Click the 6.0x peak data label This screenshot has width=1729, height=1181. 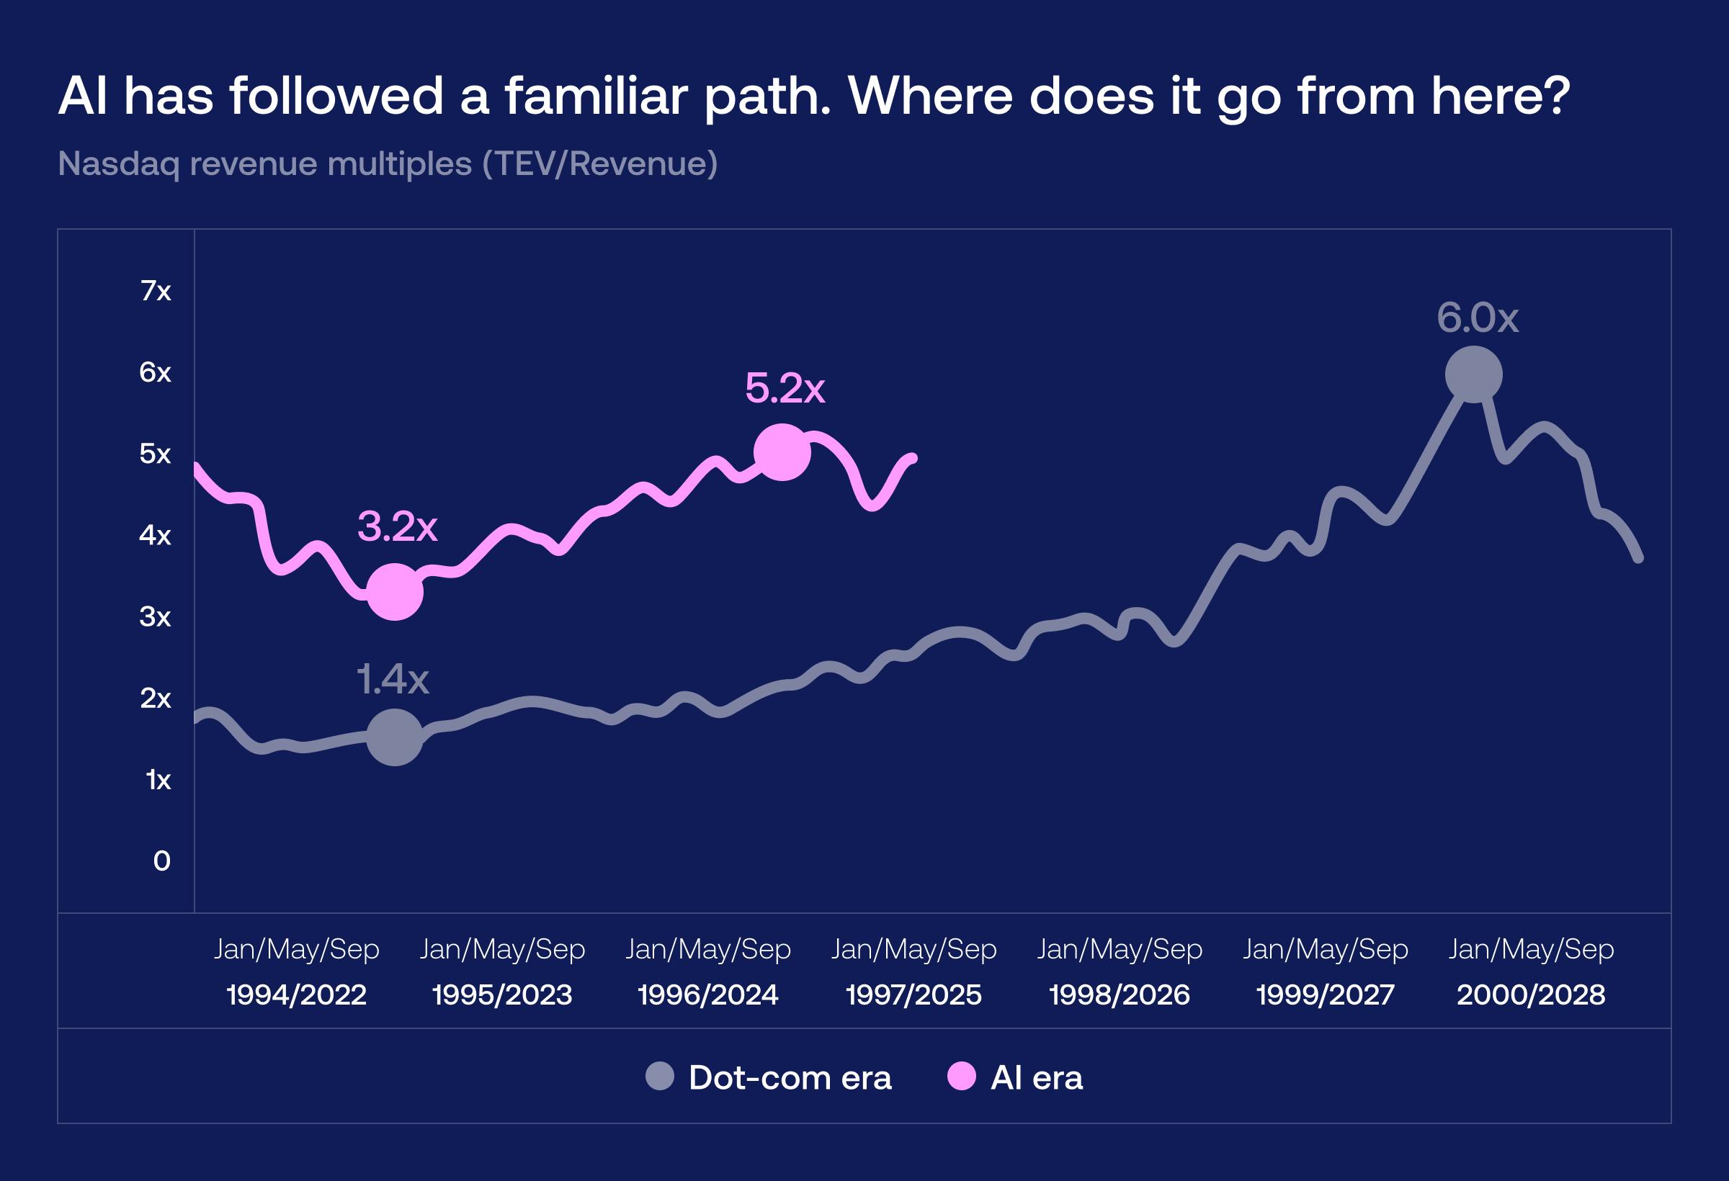click(1477, 318)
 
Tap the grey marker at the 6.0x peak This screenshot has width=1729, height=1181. click(1473, 374)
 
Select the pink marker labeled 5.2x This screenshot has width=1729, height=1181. click(782, 452)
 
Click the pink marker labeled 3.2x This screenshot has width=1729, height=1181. click(395, 592)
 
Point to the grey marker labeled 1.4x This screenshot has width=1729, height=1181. click(394, 737)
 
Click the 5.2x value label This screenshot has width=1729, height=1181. click(785, 388)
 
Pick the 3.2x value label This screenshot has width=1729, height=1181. click(397, 527)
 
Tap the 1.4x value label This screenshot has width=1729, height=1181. click(392, 680)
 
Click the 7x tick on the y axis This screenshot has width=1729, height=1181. click(156, 291)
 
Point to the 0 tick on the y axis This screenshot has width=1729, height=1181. click(161, 861)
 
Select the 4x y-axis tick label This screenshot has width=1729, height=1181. click(155, 535)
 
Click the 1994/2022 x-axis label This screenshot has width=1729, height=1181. click(296, 994)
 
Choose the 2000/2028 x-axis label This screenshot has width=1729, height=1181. click(1530, 994)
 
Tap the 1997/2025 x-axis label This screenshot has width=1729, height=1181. click(913, 994)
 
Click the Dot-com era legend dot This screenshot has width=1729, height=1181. click(659, 1076)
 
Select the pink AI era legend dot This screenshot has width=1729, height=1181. click(961, 1076)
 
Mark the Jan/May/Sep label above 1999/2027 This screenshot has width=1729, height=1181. click(1325, 949)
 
